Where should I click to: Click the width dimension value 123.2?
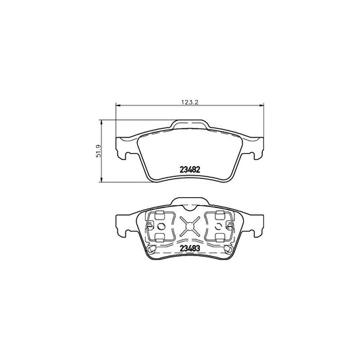[190, 103]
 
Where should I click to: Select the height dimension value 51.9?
[99, 151]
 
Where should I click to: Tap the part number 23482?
[190, 170]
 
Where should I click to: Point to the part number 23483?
[190, 249]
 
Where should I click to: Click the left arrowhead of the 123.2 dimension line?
[118, 105]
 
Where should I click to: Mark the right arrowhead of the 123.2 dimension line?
[261, 105]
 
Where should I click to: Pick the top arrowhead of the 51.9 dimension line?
[101, 122]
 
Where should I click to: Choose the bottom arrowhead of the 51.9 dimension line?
[101, 180]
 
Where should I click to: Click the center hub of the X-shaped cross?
[190, 226]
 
